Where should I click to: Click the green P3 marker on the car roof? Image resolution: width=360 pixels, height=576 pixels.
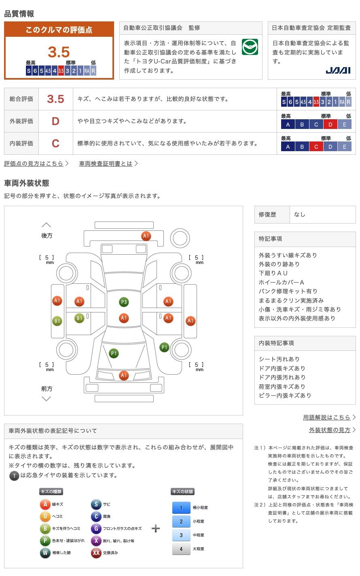pos(124,302)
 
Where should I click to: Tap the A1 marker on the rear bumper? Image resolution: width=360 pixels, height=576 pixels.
pos(146,236)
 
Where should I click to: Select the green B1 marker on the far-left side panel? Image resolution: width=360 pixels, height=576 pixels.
pos(57,321)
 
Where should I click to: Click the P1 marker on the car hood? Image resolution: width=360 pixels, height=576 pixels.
pos(114,353)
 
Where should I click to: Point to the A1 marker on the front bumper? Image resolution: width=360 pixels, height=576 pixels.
pos(124,376)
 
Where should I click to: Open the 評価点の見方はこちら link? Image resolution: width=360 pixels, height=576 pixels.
pos(34,164)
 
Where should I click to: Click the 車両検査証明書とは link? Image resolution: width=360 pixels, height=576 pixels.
pos(106,164)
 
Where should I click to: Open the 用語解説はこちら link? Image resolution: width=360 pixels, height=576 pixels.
pos(327,418)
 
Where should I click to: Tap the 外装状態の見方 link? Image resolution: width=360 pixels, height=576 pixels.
pos(330,430)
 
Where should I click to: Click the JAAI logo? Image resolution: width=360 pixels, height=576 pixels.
pos(338,70)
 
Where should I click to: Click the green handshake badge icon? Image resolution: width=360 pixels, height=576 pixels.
pos(250,47)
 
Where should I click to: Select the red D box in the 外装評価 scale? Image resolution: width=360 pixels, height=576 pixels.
pos(330,124)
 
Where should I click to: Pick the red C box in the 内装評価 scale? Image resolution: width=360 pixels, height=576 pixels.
pos(316,147)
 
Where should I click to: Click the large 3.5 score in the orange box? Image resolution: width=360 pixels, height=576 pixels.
pos(59,52)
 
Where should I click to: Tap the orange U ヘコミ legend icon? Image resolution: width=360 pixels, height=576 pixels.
pos(45,517)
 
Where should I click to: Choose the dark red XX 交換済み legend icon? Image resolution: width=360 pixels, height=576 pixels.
pos(96,553)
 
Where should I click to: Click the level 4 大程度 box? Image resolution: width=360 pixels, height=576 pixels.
pos(181,549)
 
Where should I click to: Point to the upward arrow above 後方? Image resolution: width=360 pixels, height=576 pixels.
pos(47,225)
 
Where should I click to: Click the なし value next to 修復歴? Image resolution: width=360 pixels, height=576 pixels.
pos(300,215)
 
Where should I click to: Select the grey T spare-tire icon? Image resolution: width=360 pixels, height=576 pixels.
pos(14,476)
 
